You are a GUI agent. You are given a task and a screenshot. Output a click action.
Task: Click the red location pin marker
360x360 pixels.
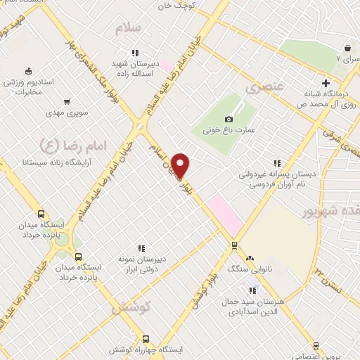[181, 165]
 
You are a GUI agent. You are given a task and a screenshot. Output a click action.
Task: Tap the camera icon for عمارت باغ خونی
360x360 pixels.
[229, 120]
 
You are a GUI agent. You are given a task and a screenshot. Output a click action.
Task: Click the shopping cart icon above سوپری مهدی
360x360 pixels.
[67, 102]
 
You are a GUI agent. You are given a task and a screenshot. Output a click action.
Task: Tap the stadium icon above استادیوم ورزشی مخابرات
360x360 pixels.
[28, 70]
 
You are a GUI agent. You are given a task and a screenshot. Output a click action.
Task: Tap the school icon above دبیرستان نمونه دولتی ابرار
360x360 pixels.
[141, 248]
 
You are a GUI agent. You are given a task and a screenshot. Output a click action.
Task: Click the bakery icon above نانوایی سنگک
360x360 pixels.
[250, 258]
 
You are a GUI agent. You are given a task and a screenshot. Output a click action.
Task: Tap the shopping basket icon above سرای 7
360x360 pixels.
[347, 49]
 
